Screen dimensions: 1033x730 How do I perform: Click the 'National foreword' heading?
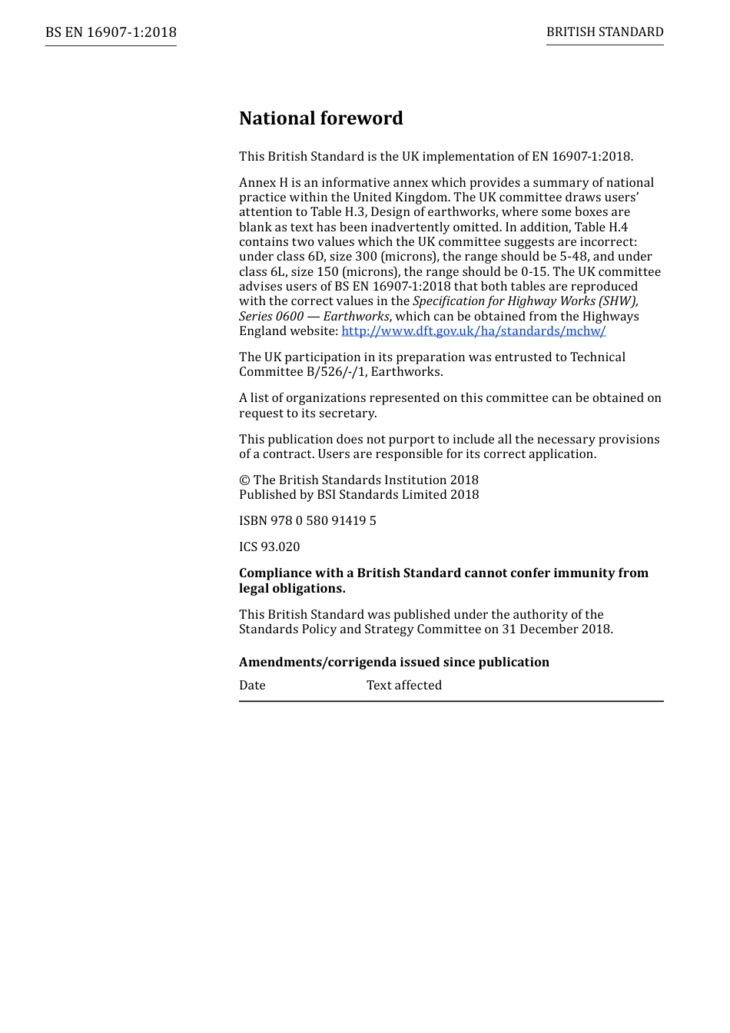pos(320,118)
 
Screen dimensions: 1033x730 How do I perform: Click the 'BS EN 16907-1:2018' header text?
pos(111,32)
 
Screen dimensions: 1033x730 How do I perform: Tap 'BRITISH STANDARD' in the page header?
pos(605,32)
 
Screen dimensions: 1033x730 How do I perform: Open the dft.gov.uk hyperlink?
pos(473,331)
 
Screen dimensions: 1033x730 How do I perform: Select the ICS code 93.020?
pos(280,547)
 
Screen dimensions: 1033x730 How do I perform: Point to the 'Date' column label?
pos(252,686)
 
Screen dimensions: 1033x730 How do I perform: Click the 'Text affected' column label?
pos(404,686)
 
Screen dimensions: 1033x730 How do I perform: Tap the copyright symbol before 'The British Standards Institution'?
pos(244,480)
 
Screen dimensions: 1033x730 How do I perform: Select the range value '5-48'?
pos(570,257)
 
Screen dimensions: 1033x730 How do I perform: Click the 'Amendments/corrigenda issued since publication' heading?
pos(394,663)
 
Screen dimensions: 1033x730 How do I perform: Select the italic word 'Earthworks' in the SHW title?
pos(357,317)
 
